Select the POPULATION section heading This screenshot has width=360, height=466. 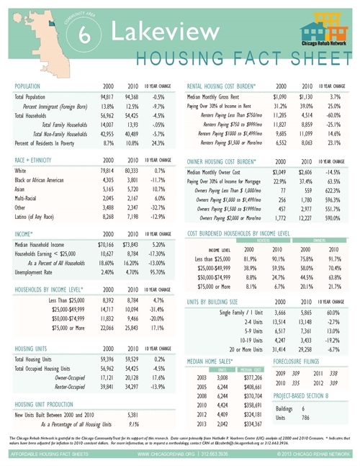[31, 85]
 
